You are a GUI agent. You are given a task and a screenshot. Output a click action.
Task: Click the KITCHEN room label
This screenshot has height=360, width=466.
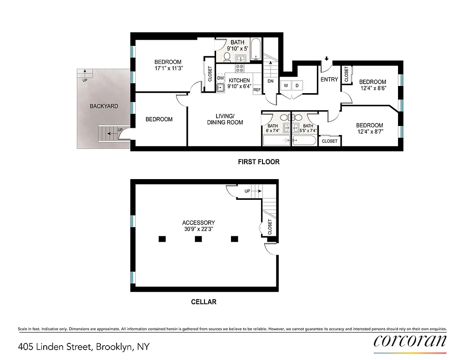(x=239, y=81)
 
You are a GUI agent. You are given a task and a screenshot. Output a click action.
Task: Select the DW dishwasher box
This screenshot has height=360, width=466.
(x=221, y=78)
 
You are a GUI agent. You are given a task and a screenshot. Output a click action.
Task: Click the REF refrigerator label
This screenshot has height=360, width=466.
(x=257, y=90)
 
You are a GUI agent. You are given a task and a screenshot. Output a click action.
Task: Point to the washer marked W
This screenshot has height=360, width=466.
(x=285, y=85)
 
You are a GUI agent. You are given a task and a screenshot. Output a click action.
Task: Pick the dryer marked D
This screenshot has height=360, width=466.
(x=297, y=85)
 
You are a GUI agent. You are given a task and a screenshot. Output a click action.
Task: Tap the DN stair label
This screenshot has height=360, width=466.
(x=270, y=81)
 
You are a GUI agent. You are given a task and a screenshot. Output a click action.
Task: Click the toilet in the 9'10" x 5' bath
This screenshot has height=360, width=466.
(x=227, y=57)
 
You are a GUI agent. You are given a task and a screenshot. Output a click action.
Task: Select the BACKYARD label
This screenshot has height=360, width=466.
(x=104, y=106)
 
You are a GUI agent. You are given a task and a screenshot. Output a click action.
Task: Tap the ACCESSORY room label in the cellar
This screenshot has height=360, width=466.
(x=199, y=222)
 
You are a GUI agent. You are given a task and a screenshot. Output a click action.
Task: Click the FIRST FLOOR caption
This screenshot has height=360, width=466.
(x=258, y=162)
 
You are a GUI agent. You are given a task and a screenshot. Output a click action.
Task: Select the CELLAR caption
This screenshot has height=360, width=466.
(x=204, y=302)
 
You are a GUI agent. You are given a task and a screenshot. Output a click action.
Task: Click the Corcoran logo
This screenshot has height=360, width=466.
(x=410, y=341)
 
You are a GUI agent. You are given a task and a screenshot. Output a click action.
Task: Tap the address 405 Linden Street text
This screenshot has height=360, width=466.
(x=84, y=347)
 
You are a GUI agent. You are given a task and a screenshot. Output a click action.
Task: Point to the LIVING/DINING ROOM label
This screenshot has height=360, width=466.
(x=225, y=119)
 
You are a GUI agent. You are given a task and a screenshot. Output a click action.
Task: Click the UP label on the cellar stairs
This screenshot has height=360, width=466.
(x=247, y=191)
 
